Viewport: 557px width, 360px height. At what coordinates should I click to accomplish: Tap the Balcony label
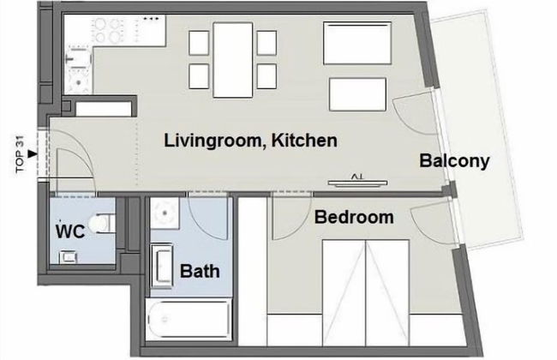point(454,160)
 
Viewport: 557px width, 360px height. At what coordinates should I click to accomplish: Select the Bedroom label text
point(354,217)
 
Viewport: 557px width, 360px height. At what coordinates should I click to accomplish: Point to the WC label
point(69,231)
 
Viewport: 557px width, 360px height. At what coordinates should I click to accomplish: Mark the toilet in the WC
point(103,222)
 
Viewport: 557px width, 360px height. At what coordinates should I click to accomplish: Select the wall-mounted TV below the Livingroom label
point(359,179)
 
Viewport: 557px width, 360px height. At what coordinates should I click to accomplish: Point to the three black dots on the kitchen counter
point(151,17)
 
